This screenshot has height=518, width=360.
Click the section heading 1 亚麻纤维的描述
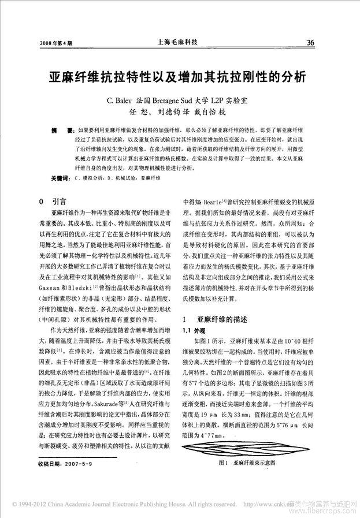(215, 318)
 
